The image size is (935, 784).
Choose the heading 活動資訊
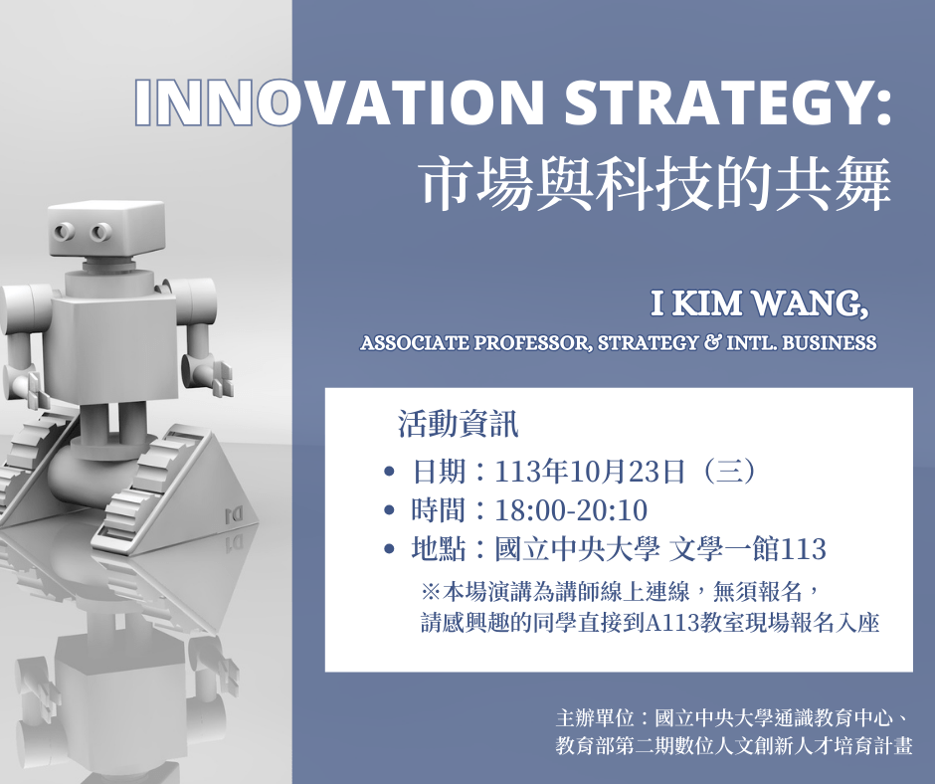pyautogui.click(x=458, y=425)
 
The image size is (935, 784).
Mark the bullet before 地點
pyautogui.click(x=389, y=549)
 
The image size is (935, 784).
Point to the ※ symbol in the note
pyautogui.click(x=431, y=591)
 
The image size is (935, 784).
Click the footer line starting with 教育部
pyautogui.click(x=733, y=745)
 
